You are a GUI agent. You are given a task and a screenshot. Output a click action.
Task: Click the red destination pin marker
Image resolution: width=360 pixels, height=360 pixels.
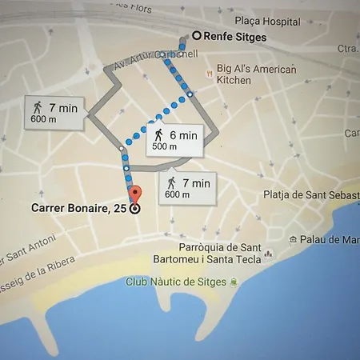(134, 194)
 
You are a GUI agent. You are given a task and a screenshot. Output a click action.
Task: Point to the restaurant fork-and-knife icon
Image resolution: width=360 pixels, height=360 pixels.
(210, 74)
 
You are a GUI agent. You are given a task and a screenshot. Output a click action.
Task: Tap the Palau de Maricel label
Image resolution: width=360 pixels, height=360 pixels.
(329, 239)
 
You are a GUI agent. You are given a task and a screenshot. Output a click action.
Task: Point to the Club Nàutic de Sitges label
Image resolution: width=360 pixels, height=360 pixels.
(176, 282)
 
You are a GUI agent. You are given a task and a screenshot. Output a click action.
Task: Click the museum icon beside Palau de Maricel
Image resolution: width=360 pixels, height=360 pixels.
(294, 239)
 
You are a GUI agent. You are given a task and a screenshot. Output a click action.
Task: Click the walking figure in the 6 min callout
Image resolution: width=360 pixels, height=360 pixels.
(158, 134)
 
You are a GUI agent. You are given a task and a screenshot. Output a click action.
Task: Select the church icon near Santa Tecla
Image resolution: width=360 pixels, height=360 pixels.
(268, 254)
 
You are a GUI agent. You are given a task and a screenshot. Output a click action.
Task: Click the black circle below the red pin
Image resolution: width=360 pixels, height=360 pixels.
(134, 209)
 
